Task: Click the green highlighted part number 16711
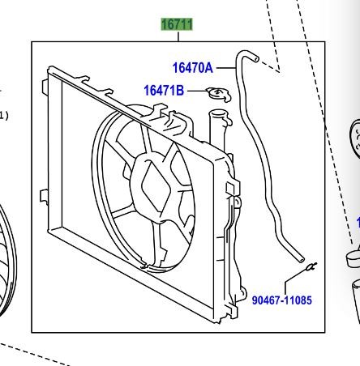coord(177,24)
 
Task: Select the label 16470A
coord(193,68)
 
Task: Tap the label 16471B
coord(164,91)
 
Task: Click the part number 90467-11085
coord(282,300)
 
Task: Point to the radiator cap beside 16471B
coord(219,95)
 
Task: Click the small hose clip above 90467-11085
coord(311,266)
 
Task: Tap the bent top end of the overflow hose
coord(248,55)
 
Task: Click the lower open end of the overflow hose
coord(301,259)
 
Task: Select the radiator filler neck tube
coord(218,129)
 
